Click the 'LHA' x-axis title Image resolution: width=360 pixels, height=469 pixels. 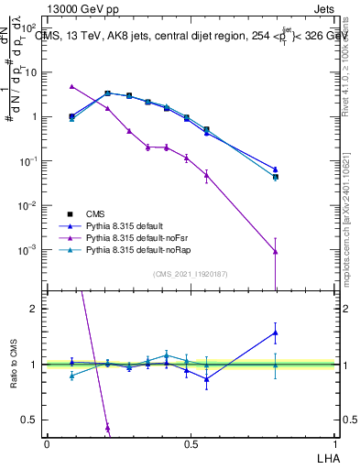click(x=327, y=457)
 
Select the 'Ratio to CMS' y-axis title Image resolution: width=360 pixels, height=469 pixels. click(x=13, y=365)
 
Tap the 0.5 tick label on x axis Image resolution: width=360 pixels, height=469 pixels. click(x=191, y=443)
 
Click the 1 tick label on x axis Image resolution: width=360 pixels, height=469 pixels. click(x=336, y=443)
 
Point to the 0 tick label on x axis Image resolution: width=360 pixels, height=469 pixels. click(x=48, y=443)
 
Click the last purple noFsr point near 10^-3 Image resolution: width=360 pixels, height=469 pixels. click(x=276, y=252)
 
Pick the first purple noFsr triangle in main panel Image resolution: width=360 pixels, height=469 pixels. click(x=71, y=86)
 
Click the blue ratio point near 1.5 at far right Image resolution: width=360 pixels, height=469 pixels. click(x=276, y=333)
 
